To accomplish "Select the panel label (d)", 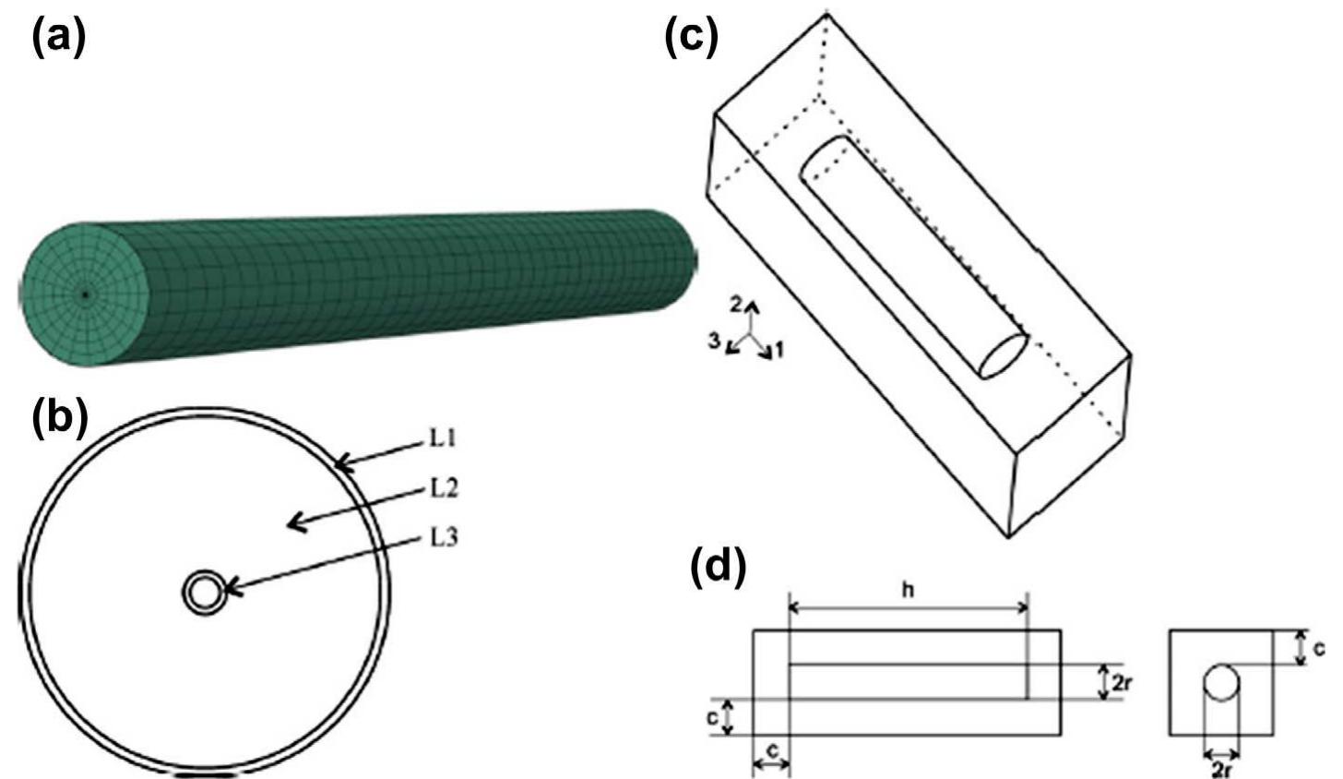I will tap(718, 569).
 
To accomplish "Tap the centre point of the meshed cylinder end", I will tap(85, 295).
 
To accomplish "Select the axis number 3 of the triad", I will tap(714, 341).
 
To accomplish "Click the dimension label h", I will tap(908, 590).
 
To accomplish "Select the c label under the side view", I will tap(771, 768).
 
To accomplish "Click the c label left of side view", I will tap(714, 717).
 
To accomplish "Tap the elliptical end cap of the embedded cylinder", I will tap(1003, 355).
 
